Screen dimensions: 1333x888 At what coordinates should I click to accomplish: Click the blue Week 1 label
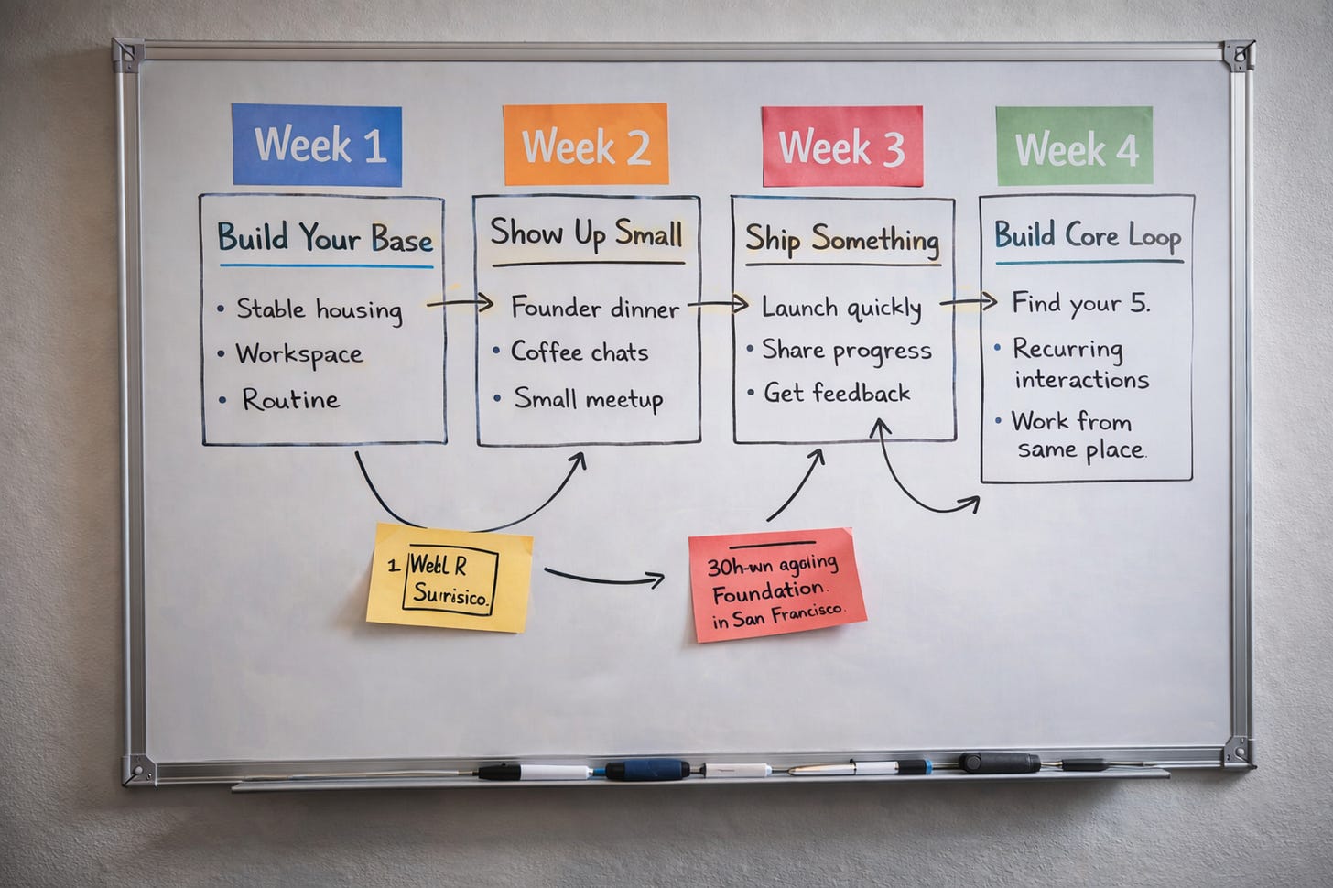click(317, 146)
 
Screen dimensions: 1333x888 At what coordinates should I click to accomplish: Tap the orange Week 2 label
click(585, 145)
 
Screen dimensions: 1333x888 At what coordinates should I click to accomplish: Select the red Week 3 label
click(841, 146)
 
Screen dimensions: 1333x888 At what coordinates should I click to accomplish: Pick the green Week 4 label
click(1075, 147)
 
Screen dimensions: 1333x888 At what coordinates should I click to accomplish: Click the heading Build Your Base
click(325, 238)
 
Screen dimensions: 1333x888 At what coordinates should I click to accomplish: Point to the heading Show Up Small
click(587, 233)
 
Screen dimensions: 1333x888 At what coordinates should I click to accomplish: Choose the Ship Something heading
click(842, 239)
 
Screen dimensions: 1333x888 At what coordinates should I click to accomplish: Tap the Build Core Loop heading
click(1088, 235)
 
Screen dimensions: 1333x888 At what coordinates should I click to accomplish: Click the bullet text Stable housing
click(319, 309)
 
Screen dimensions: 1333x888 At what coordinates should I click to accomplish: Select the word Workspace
click(298, 354)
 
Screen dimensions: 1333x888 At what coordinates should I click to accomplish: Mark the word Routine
click(290, 399)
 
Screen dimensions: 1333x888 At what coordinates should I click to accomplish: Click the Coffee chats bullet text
click(579, 352)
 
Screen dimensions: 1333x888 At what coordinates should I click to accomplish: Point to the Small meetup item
click(588, 398)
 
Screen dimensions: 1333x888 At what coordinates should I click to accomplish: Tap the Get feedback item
click(837, 393)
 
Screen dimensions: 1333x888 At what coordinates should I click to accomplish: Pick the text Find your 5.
click(1080, 303)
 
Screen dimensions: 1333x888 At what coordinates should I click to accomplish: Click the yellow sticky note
click(450, 578)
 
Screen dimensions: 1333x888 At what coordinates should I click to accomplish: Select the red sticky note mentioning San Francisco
click(776, 584)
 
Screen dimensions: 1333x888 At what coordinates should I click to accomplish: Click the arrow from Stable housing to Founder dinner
click(460, 303)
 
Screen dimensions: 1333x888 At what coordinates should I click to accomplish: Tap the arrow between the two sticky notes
click(604, 576)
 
